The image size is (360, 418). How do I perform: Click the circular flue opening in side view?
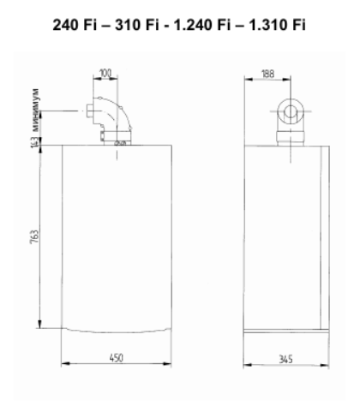tap(288, 110)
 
